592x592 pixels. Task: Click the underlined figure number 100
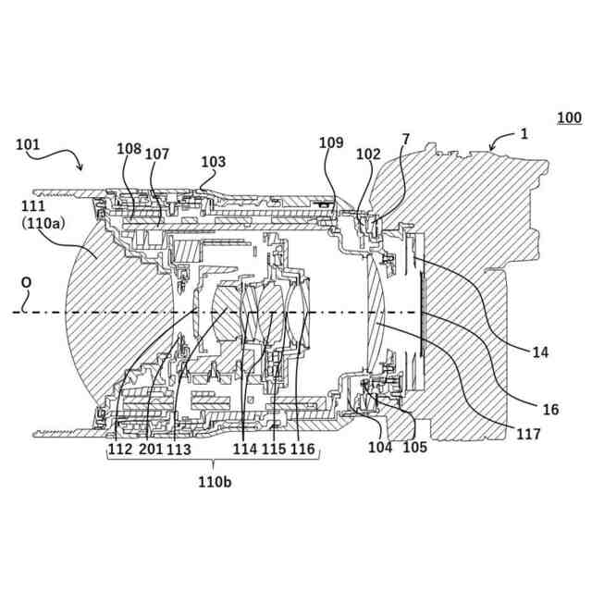pyautogui.click(x=569, y=117)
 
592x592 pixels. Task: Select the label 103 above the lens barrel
pyautogui.click(x=213, y=161)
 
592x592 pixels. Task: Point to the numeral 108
pyautogui.click(x=129, y=148)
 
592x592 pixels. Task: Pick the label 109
pyautogui.click(x=331, y=142)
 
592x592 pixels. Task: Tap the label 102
pyautogui.click(x=368, y=154)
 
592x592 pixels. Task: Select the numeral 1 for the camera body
pyautogui.click(x=524, y=133)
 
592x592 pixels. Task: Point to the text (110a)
pyautogui.click(x=32, y=224)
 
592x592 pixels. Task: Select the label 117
pyautogui.click(x=529, y=432)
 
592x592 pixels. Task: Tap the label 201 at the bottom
pyautogui.click(x=150, y=449)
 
